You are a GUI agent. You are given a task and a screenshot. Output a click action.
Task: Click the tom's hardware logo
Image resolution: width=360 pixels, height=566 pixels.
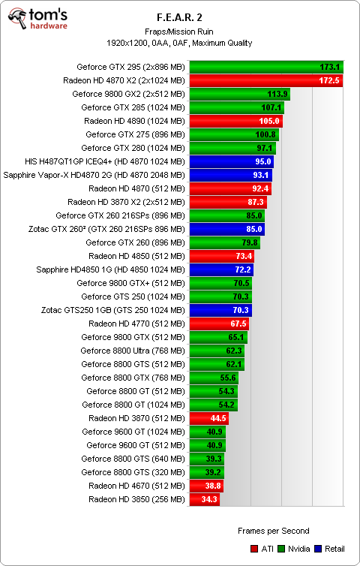point(37,20)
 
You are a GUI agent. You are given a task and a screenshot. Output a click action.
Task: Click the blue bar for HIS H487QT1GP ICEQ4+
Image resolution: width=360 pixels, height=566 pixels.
point(231,161)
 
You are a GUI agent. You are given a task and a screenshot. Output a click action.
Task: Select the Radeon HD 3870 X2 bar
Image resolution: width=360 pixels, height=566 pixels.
point(227,202)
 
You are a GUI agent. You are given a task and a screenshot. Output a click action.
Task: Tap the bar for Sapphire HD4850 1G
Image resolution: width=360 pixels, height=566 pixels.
point(221,269)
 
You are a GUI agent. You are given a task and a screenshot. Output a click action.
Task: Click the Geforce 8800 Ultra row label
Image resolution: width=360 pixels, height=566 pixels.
point(133,351)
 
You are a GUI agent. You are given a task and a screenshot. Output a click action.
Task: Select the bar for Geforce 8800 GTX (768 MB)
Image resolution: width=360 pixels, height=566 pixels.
point(214,378)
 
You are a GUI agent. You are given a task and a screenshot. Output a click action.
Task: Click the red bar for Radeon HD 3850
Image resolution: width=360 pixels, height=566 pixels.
point(205,499)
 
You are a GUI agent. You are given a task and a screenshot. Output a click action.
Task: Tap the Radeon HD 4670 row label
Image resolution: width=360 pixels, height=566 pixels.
point(136,486)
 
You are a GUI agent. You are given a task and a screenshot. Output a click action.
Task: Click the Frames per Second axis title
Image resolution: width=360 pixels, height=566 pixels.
point(273,531)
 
